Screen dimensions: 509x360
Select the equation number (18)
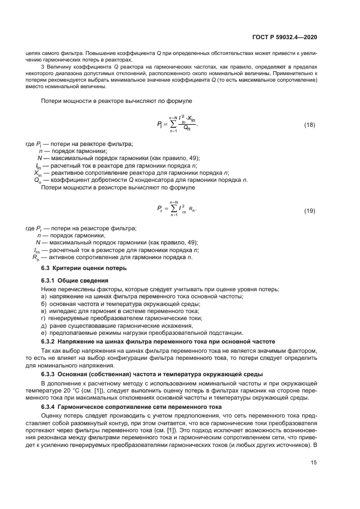coord(309,125)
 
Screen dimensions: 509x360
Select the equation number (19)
coord(309,211)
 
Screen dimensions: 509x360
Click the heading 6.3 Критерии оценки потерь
coord(84,268)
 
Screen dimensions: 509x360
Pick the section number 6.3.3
coord(50,375)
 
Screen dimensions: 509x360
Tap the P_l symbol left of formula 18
coord(160,125)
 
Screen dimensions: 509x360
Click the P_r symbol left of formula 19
coord(160,209)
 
